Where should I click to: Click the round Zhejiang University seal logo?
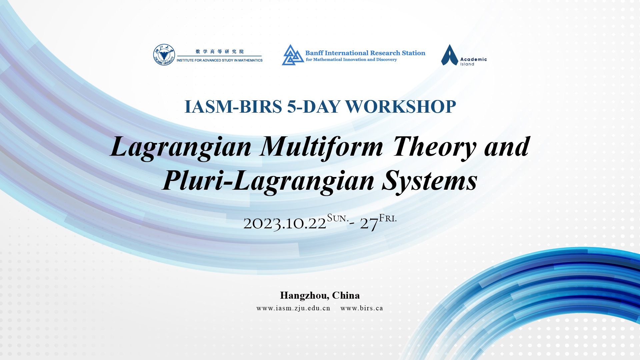[x=164, y=55]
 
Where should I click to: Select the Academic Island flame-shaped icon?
[x=450, y=55]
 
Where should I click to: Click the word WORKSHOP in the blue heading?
[x=400, y=107]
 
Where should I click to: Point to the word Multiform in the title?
[x=322, y=147]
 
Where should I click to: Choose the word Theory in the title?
[x=434, y=147]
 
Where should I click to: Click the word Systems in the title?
[x=430, y=180]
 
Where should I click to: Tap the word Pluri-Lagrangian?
[x=268, y=180]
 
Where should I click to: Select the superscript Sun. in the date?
[x=338, y=218]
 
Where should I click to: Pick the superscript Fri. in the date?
[x=388, y=218]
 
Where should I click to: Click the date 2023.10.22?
[x=285, y=223]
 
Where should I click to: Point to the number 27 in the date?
[x=369, y=223]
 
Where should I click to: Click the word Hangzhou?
[x=305, y=296]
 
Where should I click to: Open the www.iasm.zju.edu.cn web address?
[x=293, y=308]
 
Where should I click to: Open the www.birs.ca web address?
[x=362, y=308]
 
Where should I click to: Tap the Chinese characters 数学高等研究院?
[x=220, y=51]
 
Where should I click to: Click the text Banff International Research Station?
[x=365, y=53]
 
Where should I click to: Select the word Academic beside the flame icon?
[x=473, y=59]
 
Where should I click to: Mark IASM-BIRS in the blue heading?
[x=233, y=107]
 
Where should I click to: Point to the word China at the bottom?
[x=346, y=296]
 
